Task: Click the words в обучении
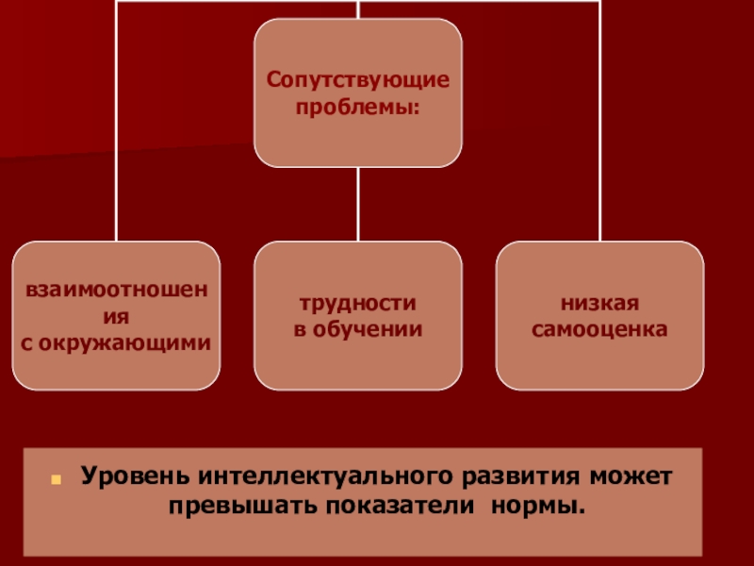357,329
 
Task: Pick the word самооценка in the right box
599,329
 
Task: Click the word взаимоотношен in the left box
116,286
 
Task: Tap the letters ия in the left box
116,311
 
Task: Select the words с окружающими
116,339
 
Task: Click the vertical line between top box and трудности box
358,204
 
